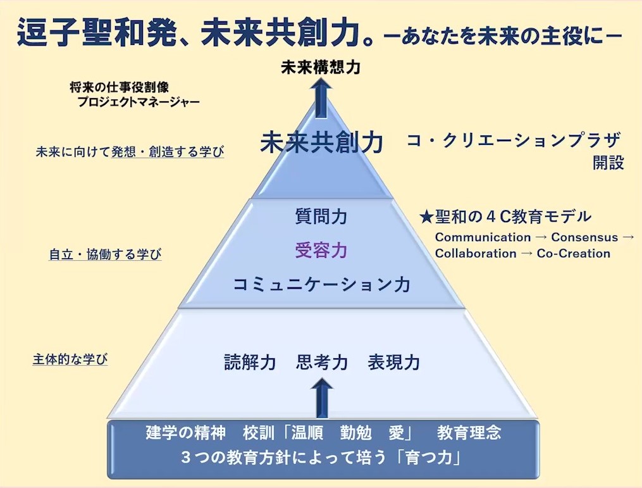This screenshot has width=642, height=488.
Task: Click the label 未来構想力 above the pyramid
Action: tap(321, 67)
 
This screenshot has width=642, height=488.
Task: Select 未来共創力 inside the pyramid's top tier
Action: tap(321, 143)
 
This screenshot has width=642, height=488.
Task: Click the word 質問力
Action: tap(321, 217)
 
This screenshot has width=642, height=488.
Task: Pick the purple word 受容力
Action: tap(321, 251)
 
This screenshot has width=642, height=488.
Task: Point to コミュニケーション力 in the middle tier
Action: tap(321, 284)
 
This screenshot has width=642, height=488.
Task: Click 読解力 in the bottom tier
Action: tap(250, 363)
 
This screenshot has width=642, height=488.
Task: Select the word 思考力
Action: tap(321, 363)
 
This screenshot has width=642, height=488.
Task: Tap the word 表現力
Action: tap(393, 363)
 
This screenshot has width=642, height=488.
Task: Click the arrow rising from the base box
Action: tap(322, 399)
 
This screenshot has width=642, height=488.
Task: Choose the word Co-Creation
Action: tap(574, 253)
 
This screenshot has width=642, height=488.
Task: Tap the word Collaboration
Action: tap(476, 253)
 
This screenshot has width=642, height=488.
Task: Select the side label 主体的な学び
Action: tap(70, 360)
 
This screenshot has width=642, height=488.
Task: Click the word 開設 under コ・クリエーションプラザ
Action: tap(608, 163)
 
